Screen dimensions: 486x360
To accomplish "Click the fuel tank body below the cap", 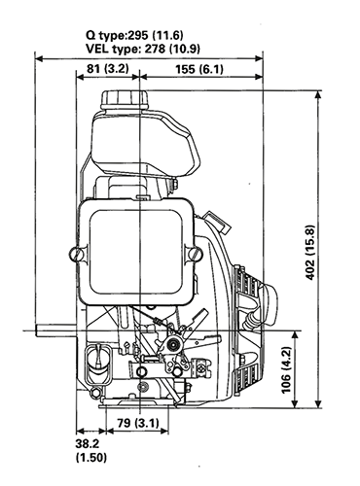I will [146, 146].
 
